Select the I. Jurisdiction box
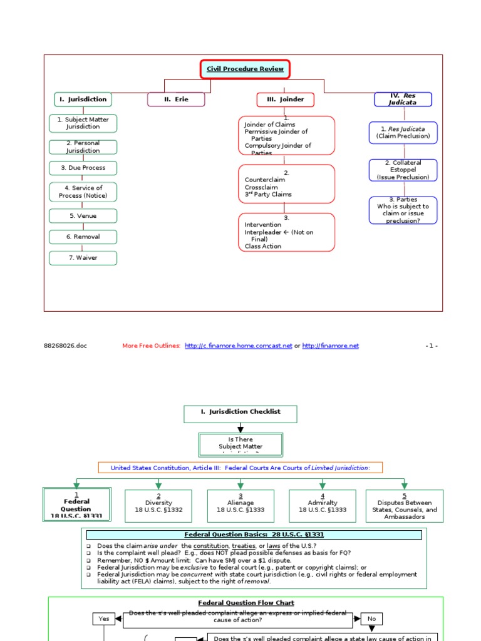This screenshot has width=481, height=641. point(83,99)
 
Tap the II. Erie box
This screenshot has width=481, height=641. point(176,100)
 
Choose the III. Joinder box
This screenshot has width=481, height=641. point(286,100)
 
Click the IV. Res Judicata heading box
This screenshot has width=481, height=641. point(403,99)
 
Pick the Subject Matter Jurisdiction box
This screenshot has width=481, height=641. point(83,123)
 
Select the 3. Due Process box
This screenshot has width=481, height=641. point(83,168)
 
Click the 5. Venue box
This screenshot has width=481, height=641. point(83,216)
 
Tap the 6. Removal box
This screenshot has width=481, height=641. point(83,237)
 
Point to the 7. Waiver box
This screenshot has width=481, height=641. point(83,258)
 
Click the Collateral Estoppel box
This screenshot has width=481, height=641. point(403,170)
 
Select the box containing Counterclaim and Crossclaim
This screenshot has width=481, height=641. point(286,184)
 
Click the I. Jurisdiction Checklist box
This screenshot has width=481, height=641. point(240,414)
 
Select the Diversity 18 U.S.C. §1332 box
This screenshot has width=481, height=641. point(158,506)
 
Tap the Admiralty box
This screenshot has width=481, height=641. point(322,506)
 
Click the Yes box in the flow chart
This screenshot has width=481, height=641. point(104,618)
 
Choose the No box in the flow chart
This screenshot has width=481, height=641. point(371,618)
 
